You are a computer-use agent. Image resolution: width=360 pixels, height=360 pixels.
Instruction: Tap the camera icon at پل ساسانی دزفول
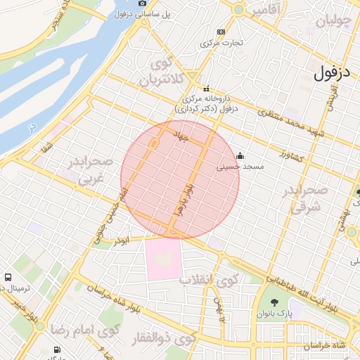(143, 4)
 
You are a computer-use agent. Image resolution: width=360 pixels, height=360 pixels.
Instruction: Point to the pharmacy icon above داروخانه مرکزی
(207, 89)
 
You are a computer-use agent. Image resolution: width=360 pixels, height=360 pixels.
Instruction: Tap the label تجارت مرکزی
(222, 43)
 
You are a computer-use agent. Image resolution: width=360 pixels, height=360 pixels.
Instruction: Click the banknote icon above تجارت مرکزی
(221, 32)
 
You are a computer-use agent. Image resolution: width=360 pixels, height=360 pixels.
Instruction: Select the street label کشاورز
(289, 155)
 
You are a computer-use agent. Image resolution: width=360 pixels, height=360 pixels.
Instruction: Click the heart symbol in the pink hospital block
(163, 259)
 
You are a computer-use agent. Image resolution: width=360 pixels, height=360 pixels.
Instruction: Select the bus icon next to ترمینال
(8, 278)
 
